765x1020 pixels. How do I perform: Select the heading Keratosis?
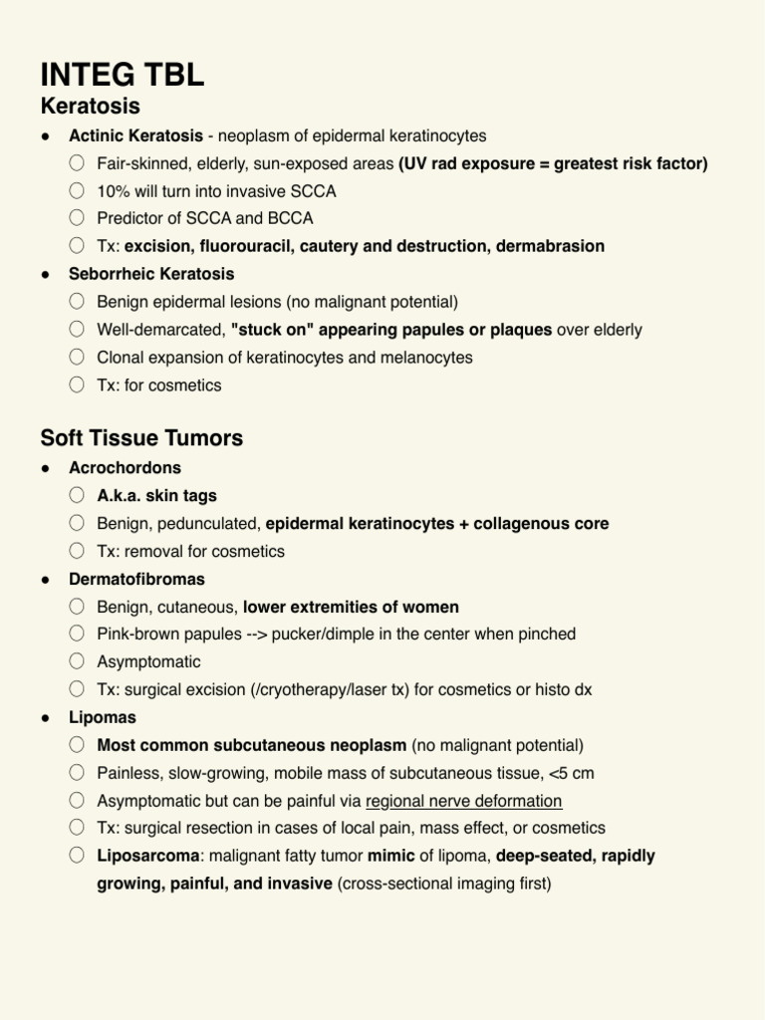(90, 106)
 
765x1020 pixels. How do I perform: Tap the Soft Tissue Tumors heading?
(141, 438)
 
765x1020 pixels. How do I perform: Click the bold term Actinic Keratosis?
(135, 135)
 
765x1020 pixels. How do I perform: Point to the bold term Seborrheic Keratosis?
(151, 273)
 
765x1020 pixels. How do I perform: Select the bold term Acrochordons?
(125, 467)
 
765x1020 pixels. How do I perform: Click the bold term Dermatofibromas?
(136, 579)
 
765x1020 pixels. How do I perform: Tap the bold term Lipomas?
(103, 717)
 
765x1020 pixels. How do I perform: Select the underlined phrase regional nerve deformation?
(464, 801)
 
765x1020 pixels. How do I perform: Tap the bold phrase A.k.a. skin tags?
(156, 495)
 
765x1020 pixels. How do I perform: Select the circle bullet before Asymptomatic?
(78, 661)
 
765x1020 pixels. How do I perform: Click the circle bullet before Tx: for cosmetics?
(78, 384)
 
